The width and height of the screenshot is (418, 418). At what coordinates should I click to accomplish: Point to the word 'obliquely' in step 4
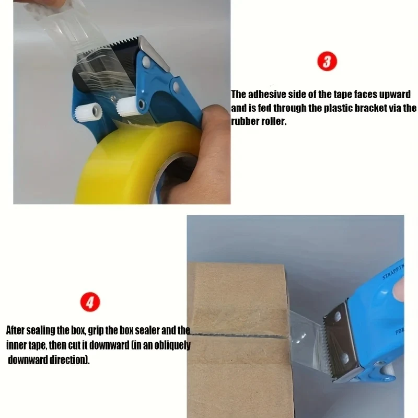coord(172,345)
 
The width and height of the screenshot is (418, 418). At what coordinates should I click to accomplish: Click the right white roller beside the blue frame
coord(127,107)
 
